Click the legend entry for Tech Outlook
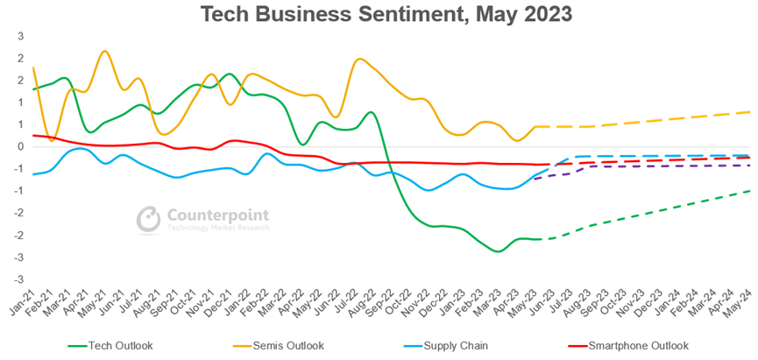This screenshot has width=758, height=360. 110,345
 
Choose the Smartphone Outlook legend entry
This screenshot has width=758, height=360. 629,345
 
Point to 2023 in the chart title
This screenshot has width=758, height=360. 547,14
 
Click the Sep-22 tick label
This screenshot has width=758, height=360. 381,303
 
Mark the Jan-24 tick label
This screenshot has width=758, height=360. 667,303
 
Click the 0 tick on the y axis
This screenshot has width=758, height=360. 19,147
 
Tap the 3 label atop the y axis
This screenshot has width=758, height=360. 19,36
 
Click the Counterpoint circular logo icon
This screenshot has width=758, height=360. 148,219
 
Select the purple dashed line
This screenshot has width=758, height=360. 643,166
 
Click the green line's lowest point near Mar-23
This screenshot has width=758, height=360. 499,251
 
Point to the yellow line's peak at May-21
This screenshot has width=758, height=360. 105,51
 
